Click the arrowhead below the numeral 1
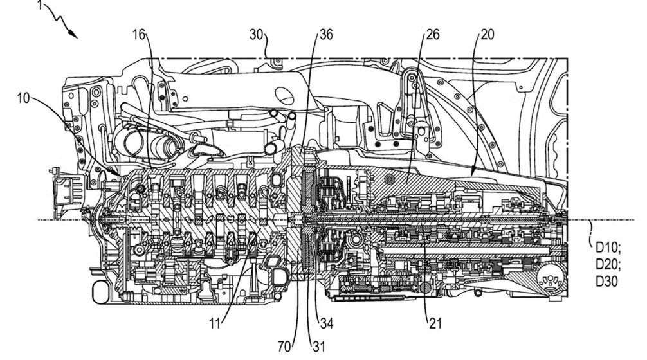pos(78,37)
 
